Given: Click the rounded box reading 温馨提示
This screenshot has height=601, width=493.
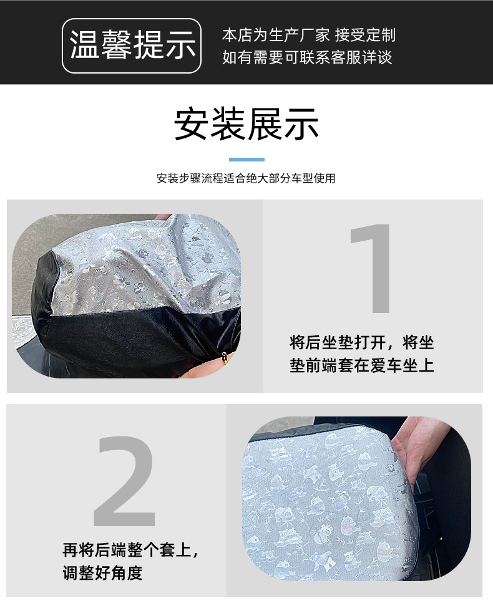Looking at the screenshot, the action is [x=132, y=46].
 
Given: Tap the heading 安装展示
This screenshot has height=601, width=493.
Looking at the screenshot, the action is [x=246, y=124].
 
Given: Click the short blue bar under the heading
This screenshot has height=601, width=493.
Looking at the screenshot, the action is [x=246, y=160].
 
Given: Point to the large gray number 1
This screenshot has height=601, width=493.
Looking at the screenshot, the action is [x=371, y=268].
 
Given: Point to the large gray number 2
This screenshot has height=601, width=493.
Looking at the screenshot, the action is [x=125, y=481].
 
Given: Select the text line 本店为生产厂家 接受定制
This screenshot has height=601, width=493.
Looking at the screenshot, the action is [x=309, y=35].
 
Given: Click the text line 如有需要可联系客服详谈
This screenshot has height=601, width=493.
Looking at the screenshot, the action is [x=307, y=57].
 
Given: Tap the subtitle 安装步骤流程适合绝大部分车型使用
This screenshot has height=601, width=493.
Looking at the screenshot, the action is [x=246, y=178].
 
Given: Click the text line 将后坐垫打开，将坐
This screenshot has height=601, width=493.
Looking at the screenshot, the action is [x=362, y=342].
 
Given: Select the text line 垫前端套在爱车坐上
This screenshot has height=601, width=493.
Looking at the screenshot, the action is [x=362, y=365].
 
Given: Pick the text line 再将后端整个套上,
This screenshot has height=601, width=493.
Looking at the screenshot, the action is [x=130, y=550].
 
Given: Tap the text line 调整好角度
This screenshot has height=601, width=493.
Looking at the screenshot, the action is [x=102, y=573].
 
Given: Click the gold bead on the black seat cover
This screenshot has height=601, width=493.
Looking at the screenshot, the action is [x=225, y=358].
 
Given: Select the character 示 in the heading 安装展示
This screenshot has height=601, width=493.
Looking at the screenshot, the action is [x=301, y=124].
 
